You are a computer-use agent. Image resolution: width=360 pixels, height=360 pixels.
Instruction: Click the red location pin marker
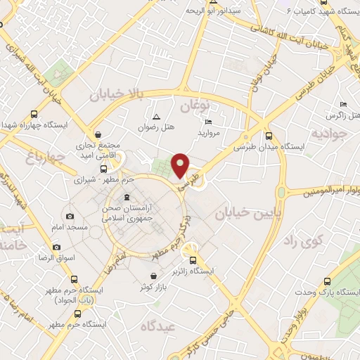pyautogui.click(x=181, y=165)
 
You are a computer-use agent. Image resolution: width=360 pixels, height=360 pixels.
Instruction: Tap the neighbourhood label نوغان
pyautogui.click(x=195, y=106)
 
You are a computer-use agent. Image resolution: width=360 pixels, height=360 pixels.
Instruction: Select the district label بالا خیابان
pyautogui.click(x=120, y=94)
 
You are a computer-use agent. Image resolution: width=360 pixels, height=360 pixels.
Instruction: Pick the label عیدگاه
pyautogui.click(x=157, y=326)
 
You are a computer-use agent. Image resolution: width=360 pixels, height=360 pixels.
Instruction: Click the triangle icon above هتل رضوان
pyautogui.click(x=155, y=117)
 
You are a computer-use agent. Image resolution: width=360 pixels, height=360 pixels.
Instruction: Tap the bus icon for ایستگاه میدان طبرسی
pyautogui.click(x=269, y=136)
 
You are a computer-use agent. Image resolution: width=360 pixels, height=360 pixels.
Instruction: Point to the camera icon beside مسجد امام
pyautogui.click(x=70, y=216)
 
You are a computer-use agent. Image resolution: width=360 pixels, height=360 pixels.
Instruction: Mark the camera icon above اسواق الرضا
pyautogui.click(x=56, y=247)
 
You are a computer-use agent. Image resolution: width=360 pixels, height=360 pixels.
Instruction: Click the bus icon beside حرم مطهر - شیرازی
pyautogui.click(x=104, y=168)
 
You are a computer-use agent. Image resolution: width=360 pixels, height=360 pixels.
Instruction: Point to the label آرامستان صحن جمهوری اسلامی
pyautogui.click(x=126, y=213)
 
